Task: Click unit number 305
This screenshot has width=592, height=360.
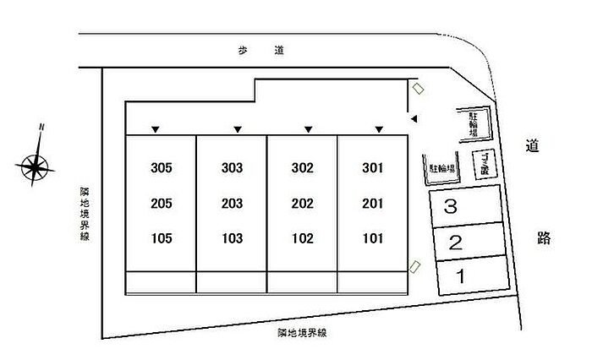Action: (x=161, y=168)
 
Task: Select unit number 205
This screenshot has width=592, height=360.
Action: (x=161, y=204)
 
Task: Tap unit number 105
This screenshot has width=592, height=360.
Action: (x=161, y=238)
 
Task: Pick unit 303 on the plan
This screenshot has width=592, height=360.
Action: (x=232, y=168)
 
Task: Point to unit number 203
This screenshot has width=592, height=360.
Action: (x=232, y=204)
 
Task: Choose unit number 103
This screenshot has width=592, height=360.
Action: (x=232, y=238)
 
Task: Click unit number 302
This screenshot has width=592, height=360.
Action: (x=302, y=168)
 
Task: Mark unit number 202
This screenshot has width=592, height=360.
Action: (x=302, y=204)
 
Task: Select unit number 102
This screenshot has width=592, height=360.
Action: (x=302, y=238)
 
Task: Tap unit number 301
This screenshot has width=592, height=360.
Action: (x=373, y=168)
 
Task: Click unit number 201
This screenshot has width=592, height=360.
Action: (x=373, y=204)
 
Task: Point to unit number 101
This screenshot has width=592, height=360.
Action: (x=373, y=238)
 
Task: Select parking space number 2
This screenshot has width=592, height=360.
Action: (x=455, y=244)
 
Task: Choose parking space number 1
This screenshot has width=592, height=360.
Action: (x=461, y=275)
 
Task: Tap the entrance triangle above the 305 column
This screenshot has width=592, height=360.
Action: (x=156, y=129)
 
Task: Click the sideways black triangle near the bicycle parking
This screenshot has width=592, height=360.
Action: (x=414, y=121)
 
